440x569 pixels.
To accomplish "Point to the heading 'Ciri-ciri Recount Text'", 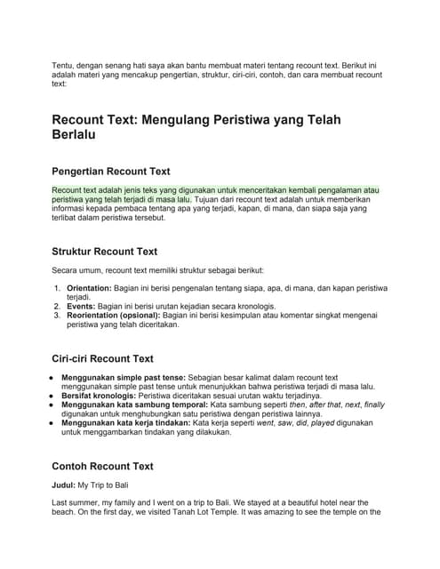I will pos(102,358).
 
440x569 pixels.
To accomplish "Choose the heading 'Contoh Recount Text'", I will pos(102,466).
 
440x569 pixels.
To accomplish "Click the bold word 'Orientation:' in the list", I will pos(89,289).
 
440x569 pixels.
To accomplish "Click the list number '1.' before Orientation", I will pos(59,289).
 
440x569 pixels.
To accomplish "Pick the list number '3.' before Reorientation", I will pos(59,316).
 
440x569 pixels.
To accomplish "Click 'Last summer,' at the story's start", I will pos(78,502).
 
